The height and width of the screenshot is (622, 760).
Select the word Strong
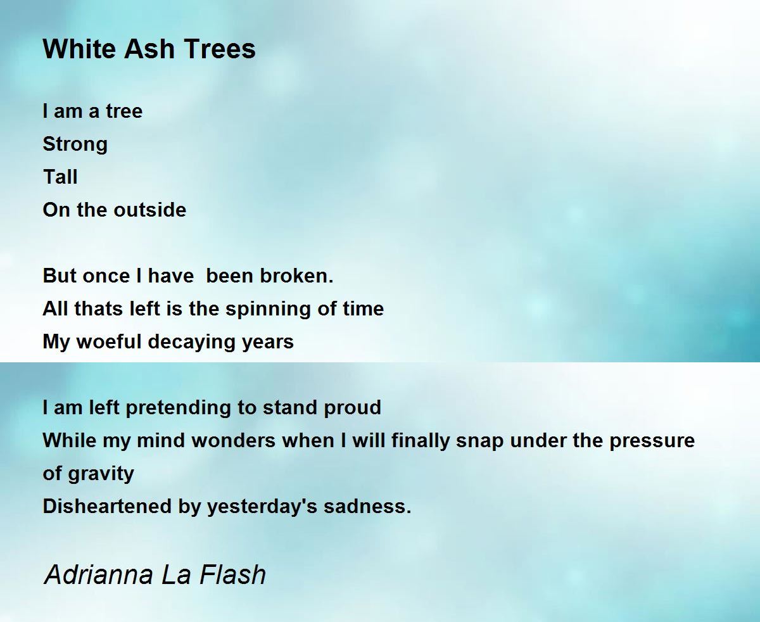(x=75, y=144)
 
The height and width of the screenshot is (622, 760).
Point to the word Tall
(x=60, y=177)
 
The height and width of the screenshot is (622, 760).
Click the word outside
(x=150, y=210)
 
